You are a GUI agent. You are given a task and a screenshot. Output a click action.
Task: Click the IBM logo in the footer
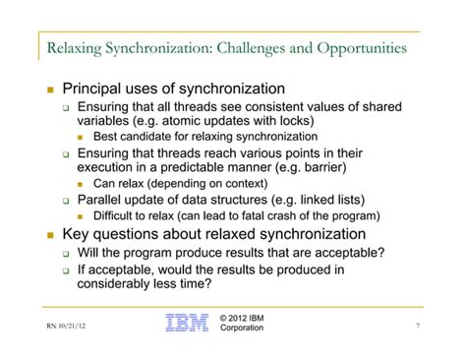click(x=187, y=323)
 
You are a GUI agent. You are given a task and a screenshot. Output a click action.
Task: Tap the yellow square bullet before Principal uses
click(x=50, y=90)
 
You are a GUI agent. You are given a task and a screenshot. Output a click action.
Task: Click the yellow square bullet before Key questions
click(x=50, y=235)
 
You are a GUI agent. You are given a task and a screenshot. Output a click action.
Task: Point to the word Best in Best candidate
click(x=106, y=137)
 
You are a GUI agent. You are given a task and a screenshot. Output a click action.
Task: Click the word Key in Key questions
click(x=78, y=234)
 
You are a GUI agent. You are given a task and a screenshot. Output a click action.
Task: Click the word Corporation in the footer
click(x=243, y=330)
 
